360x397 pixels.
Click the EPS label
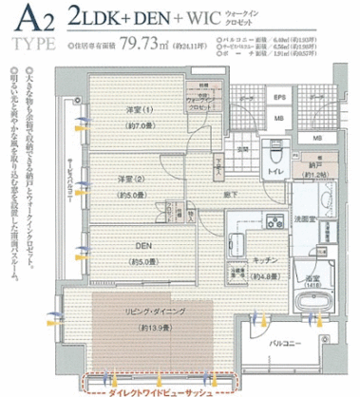(x=279, y=98)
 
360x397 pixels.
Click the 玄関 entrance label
(x=243, y=149)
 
